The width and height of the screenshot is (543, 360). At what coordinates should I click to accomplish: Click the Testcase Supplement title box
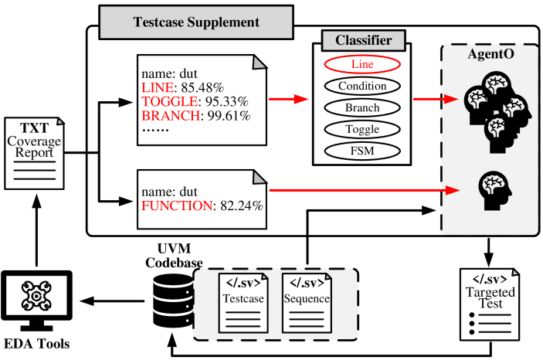pos(196,22)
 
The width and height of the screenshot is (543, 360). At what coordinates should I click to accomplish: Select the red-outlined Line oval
pos(362,64)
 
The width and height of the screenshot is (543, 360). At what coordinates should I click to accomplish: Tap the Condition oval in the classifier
pos(362,86)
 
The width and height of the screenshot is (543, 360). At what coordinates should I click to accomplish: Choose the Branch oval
pos(362,107)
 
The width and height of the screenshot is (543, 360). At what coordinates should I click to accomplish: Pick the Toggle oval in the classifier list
pos(362,129)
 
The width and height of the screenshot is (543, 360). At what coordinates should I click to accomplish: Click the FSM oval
pos(362,151)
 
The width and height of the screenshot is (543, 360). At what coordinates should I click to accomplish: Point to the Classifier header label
pos(363,41)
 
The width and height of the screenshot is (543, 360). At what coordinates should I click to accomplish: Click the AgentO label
pos(490,55)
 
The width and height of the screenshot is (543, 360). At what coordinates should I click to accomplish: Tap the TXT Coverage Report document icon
pos(34,153)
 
